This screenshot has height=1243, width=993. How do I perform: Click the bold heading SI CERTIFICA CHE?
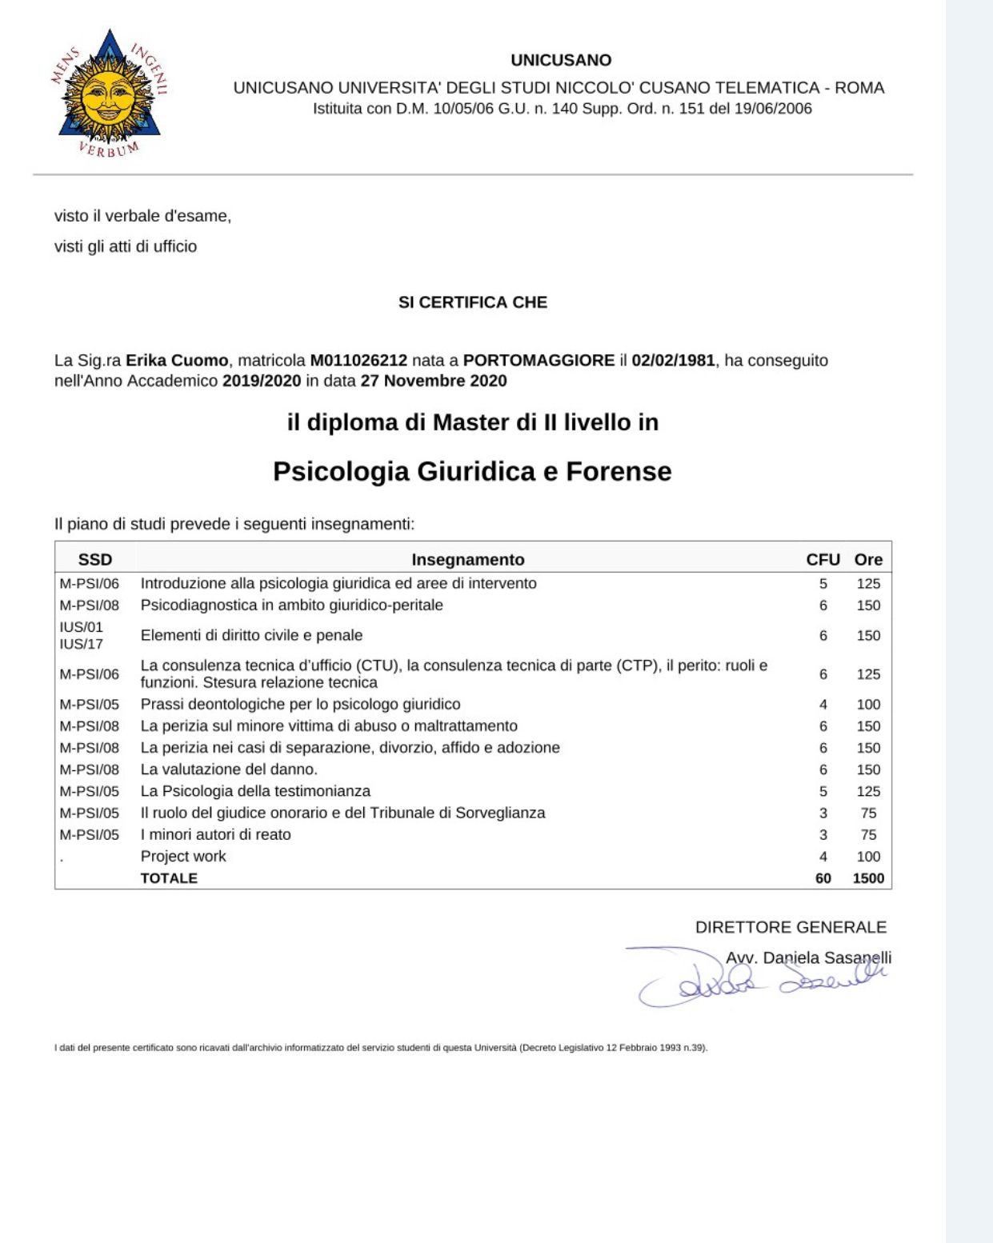click(x=473, y=302)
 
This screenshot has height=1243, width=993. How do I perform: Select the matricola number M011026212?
click(x=358, y=361)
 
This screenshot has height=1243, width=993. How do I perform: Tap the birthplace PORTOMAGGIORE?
click(x=539, y=361)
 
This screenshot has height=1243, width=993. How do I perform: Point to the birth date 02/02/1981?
click(x=673, y=361)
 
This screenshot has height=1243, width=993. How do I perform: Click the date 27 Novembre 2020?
click(x=434, y=381)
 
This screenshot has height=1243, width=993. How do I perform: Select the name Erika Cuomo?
click(x=177, y=361)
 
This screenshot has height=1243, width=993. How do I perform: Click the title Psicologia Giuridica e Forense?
click(x=472, y=471)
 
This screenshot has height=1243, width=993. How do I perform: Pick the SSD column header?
click(x=95, y=560)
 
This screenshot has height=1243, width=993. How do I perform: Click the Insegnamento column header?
click(x=468, y=560)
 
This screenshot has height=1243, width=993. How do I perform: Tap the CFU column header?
click(x=823, y=560)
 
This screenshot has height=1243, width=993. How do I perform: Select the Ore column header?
click(x=868, y=560)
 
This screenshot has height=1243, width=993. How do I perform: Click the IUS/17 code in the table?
click(x=82, y=644)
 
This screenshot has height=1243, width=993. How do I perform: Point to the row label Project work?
click(x=183, y=857)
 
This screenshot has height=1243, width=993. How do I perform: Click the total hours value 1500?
click(x=868, y=878)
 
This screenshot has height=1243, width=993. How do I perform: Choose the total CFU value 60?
click(x=823, y=878)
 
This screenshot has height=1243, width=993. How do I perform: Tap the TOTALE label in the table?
click(x=169, y=878)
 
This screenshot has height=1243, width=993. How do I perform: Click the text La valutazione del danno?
click(x=229, y=769)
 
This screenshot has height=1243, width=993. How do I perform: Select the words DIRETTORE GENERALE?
click(x=791, y=927)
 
